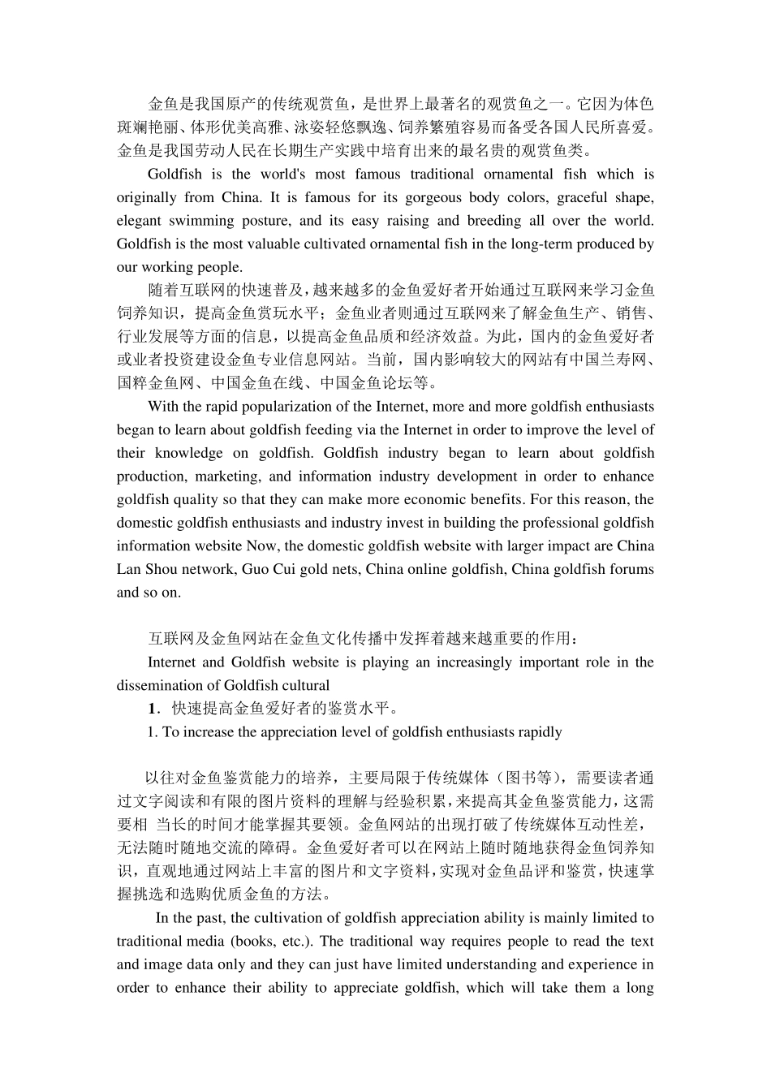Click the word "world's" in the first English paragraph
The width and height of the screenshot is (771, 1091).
[x=282, y=174]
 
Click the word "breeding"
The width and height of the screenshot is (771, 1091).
[x=495, y=220]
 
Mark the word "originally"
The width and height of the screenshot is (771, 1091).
[x=146, y=197]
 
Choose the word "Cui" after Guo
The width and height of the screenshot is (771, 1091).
[x=277, y=569]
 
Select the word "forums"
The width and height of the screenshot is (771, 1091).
[x=631, y=569]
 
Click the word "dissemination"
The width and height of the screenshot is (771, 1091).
[x=157, y=685]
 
